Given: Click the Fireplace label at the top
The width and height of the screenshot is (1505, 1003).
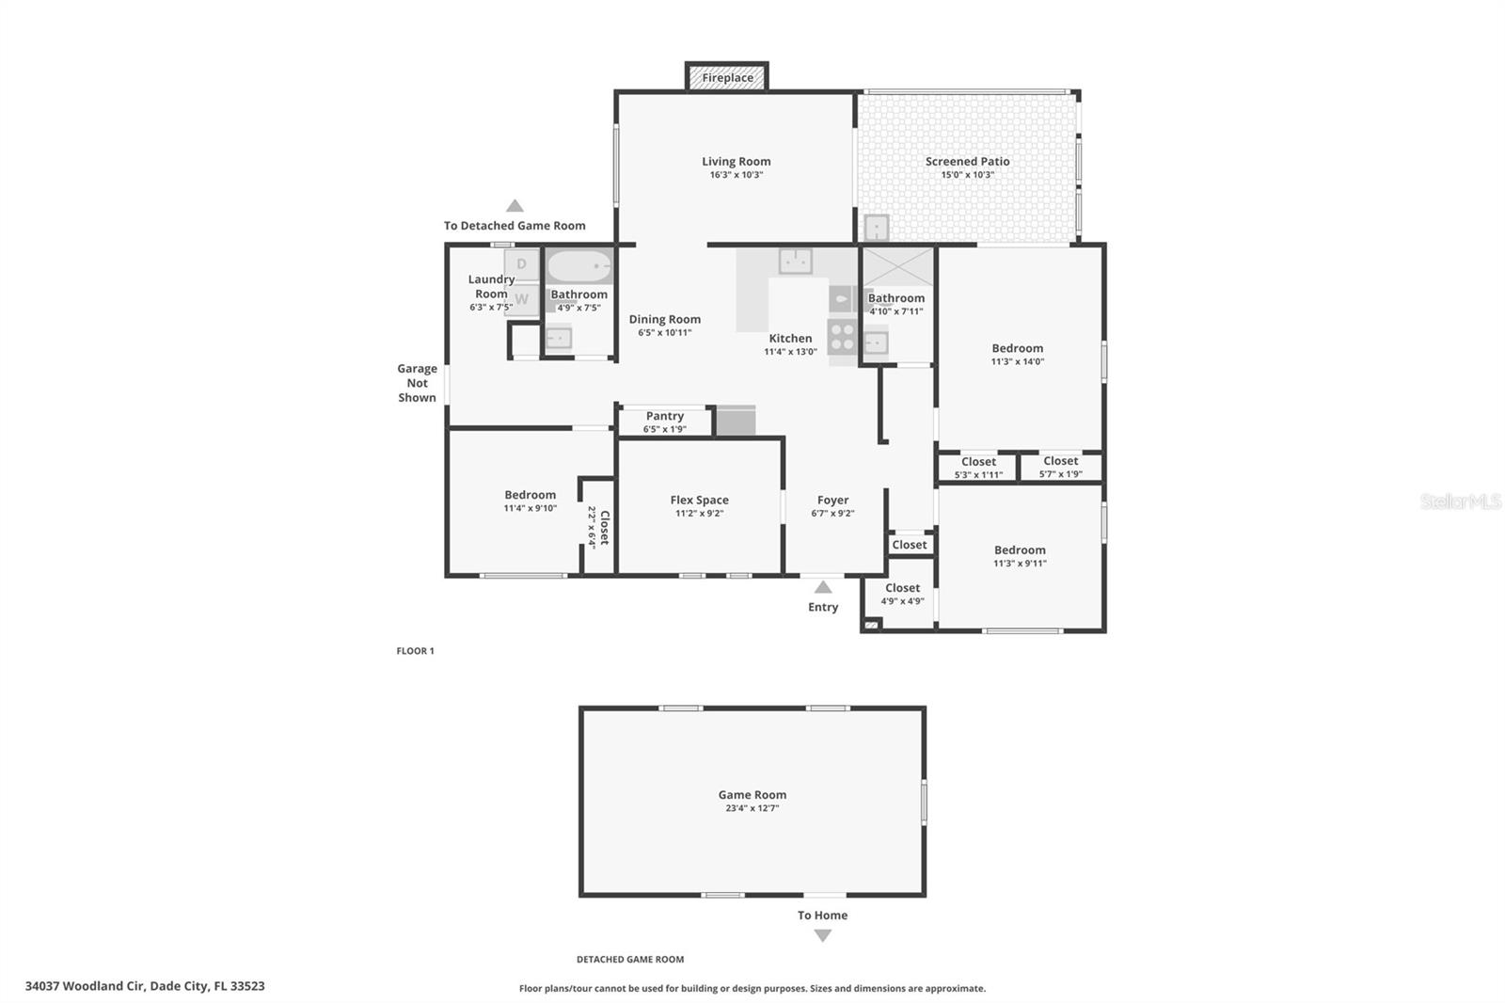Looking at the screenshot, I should coord(727,78).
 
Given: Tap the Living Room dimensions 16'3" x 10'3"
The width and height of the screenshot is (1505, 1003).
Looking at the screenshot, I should coord(736,175).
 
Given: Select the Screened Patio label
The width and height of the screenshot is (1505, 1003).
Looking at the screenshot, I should coord(967,161).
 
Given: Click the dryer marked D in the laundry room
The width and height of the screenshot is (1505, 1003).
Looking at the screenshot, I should coord(522,264).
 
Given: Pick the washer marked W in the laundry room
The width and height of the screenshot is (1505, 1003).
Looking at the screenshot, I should coord(522,299).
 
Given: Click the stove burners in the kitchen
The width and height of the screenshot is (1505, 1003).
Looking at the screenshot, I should coord(842,337).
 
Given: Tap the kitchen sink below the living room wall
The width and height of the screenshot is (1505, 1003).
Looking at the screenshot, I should coord(796,261).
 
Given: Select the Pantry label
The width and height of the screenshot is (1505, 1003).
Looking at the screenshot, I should coord(664,416).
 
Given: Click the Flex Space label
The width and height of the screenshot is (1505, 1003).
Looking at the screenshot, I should coord(699,500).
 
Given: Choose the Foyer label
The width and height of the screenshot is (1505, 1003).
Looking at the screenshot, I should coord(832,500).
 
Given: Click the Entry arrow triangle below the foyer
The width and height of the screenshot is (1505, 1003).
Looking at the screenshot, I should coord(823,587).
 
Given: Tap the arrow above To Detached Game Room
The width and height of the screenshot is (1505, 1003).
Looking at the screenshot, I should coord(515,206).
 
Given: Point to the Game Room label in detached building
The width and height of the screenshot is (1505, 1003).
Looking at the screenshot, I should coord(752,794).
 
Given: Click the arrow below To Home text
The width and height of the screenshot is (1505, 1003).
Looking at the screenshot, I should coord(823,935).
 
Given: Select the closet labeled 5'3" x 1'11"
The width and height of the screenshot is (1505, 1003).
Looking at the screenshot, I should coord(978,468).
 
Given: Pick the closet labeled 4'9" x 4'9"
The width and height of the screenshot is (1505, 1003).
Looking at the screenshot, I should coord(902,594).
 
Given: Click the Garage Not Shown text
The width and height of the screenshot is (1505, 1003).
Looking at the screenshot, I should coord(417,383).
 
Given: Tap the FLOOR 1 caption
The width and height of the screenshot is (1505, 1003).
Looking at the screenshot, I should coord(415,651).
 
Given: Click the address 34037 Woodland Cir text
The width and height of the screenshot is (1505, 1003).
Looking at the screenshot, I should coord(145,986).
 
